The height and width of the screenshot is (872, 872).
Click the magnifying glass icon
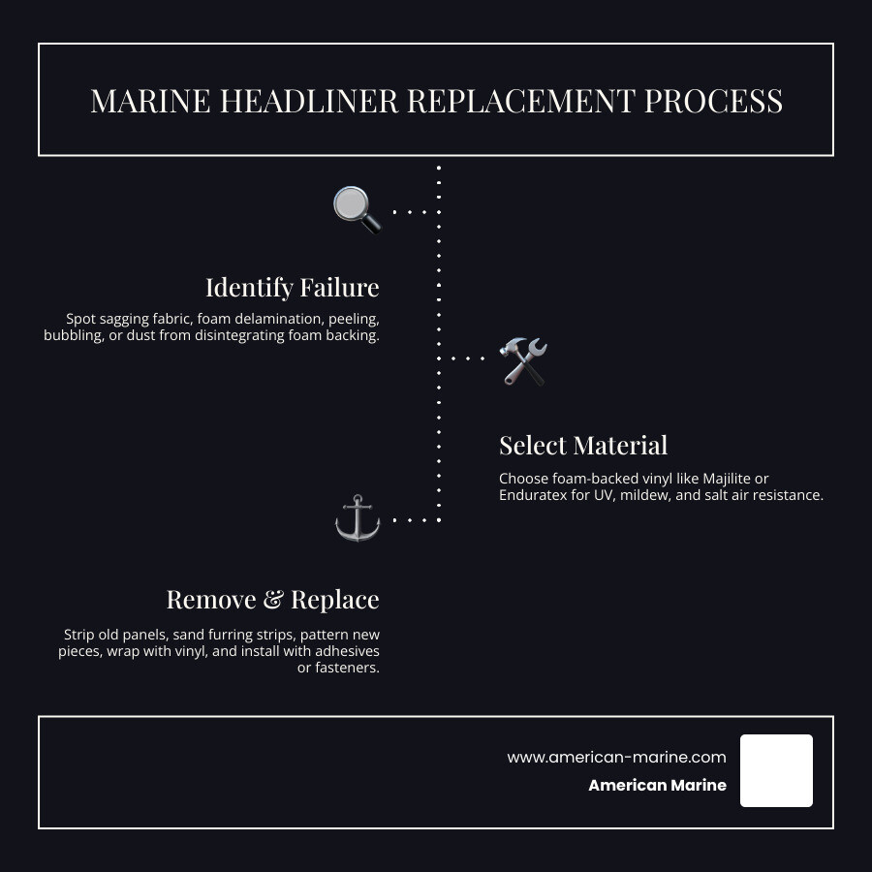point(358,210)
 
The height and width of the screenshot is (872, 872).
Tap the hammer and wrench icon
point(524,360)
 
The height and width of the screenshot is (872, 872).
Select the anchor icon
point(358,518)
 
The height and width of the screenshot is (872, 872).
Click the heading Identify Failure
point(292,288)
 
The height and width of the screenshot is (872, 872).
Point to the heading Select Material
point(583,446)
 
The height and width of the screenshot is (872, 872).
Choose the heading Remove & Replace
point(272,600)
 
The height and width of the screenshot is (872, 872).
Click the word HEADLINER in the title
point(307,101)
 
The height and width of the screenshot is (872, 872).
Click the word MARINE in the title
point(150,101)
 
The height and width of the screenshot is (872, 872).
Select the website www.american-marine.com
point(616,758)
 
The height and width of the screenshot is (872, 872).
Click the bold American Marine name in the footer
point(657,786)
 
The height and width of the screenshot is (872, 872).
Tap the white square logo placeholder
point(776,770)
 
